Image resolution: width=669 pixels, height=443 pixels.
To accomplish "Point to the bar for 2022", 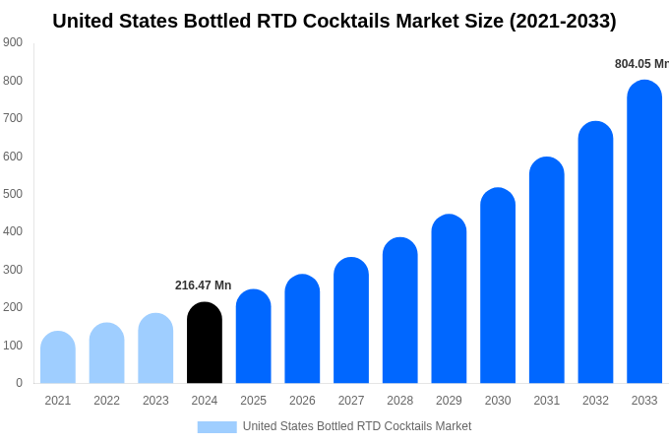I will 107,353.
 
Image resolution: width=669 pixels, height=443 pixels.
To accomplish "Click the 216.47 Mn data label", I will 204,285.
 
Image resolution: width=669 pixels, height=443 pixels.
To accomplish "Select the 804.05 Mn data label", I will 641,64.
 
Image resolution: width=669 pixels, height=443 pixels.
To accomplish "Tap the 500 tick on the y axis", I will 13,194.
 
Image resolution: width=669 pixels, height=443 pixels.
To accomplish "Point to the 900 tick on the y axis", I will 13,42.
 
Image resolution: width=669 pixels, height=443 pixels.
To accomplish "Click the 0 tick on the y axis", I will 19,383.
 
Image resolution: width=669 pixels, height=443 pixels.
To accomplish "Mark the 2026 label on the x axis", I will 302,401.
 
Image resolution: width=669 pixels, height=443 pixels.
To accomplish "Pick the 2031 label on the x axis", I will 547,401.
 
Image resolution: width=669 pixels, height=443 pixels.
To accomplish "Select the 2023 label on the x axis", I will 155,401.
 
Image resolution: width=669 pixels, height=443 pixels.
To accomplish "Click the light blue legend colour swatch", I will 216,426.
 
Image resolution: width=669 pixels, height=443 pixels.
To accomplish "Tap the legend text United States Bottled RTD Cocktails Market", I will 357,426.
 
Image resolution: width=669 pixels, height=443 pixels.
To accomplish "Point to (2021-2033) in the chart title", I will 563,21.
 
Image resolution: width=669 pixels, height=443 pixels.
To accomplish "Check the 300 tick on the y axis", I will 13,270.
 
